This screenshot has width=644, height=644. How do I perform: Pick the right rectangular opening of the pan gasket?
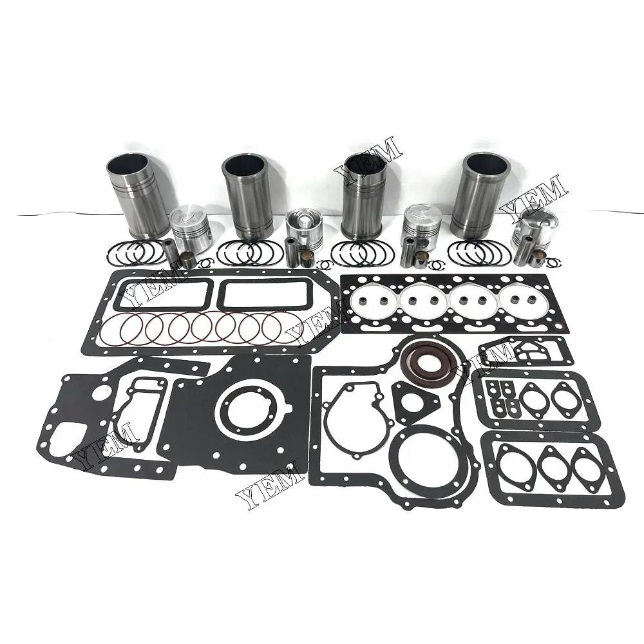pyautogui.click(x=260, y=294)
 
